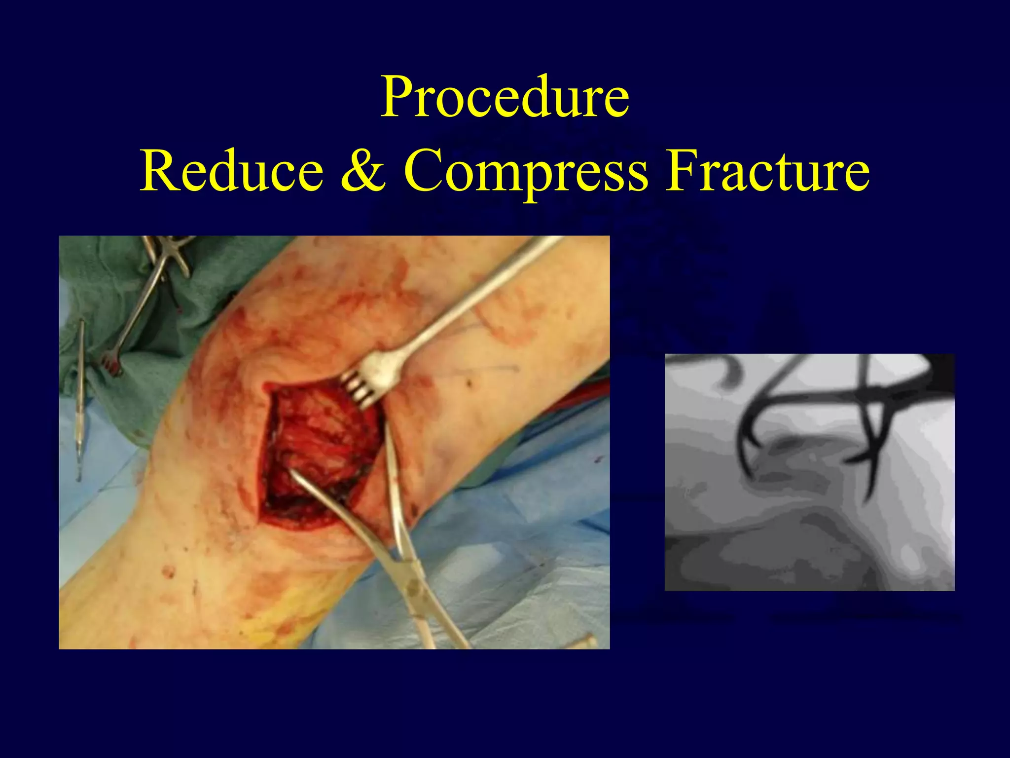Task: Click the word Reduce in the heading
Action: [231, 171]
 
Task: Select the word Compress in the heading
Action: [525, 171]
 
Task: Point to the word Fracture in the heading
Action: [767, 171]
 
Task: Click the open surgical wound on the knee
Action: [316, 454]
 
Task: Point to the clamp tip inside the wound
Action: [296, 476]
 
